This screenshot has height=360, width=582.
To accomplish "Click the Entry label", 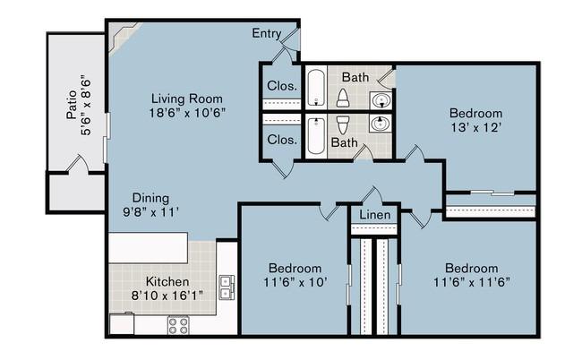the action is [x=266, y=33].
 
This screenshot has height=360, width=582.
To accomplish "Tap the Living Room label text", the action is [x=187, y=99].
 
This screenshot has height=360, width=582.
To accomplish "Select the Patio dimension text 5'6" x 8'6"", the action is [x=86, y=107].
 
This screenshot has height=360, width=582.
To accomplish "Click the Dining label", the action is [x=150, y=198].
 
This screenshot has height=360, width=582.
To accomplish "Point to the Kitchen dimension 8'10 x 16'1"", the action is [x=167, y=296].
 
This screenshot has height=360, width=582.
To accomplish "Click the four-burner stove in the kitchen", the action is [x=178, y=325].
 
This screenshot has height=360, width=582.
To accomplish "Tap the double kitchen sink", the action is [x=227, y=287].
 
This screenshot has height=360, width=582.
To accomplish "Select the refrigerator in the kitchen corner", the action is [x=122, y=323].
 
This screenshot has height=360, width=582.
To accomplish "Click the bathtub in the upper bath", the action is [x=316, y=88].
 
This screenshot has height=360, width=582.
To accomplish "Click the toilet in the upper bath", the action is [x=343, y=99].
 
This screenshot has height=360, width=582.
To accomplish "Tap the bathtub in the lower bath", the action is [x=316, y=136].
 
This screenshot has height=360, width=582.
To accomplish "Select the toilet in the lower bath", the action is [x=343, y=125].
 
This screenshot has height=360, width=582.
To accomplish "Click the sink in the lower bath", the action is [x=381, y=124].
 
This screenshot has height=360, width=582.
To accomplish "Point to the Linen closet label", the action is [x=375, y=215].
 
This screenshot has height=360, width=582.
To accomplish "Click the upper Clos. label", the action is [x=282, y=86].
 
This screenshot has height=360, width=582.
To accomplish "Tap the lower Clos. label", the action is [x=282, y=140].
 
